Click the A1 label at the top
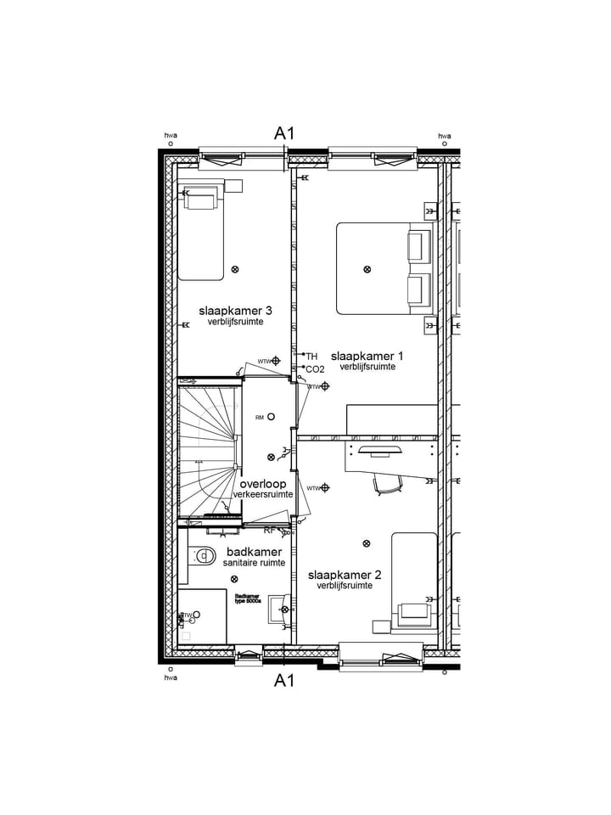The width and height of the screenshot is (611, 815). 283,132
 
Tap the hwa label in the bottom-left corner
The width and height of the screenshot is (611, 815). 171,677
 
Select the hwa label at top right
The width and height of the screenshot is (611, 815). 444,136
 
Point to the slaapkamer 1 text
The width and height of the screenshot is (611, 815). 367,356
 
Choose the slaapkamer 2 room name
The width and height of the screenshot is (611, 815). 344,575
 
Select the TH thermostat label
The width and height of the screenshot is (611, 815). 311,357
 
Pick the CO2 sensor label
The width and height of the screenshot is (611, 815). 315,369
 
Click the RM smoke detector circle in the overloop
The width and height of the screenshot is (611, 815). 271,417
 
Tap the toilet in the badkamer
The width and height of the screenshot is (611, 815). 203,557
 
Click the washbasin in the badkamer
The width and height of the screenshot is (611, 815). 277,609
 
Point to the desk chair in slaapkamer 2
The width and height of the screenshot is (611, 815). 388,483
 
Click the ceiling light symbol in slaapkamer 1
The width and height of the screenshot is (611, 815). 367,269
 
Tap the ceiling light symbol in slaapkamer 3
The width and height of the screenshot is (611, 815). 235,269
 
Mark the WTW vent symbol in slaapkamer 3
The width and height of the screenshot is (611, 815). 275,361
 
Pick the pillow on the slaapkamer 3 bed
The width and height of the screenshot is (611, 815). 201,200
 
